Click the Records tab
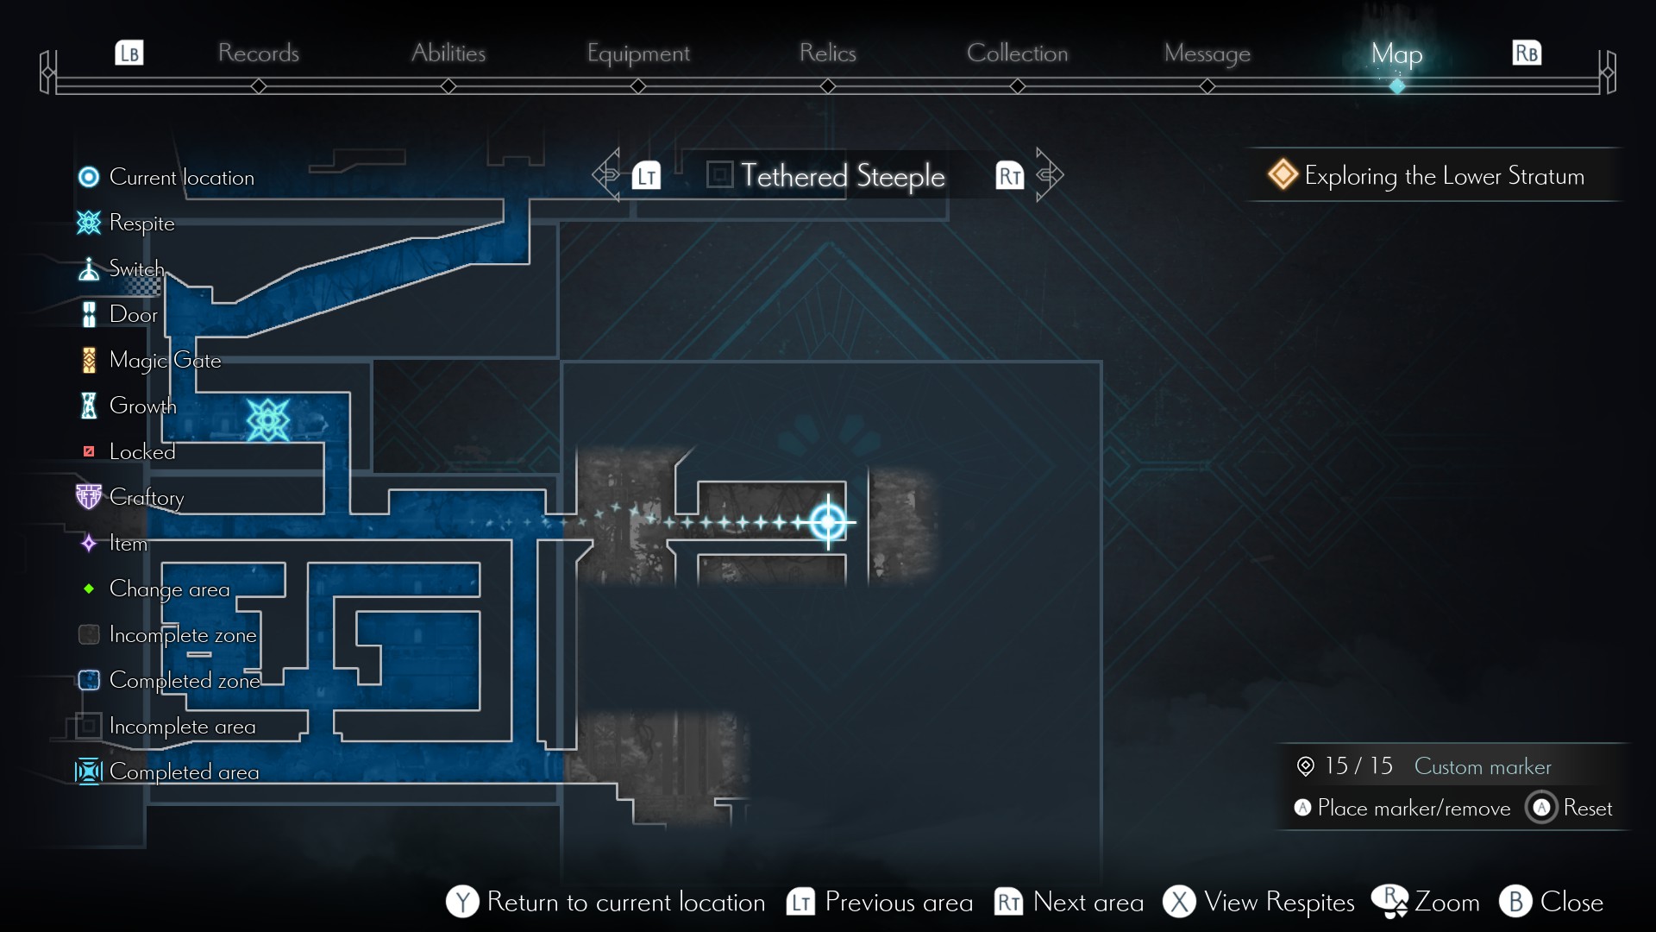(x=258, y=53)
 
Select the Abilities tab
(x=448, y=53)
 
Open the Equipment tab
(x=638, y=54)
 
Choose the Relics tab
(x=827, y=53)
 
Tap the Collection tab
(x=1017, y=53)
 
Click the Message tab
(x=1207, y=54)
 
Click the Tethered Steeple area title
(x=842, y=176)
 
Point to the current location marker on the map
(x=828, y=521)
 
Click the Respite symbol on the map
(x=267, y=420)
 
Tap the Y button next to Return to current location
(x=462, y=902)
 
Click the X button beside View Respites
(x=1179, y=902)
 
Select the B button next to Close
(x=1515, y=902)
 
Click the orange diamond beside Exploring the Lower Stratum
(x=1283, y=174)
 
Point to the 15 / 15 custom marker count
(x=1358, y=765)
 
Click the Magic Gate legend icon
(x=89, y=360)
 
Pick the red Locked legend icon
(x=88, y=451)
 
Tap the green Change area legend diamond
(x=89, y=589)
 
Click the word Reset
(x=1587, y=808)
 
